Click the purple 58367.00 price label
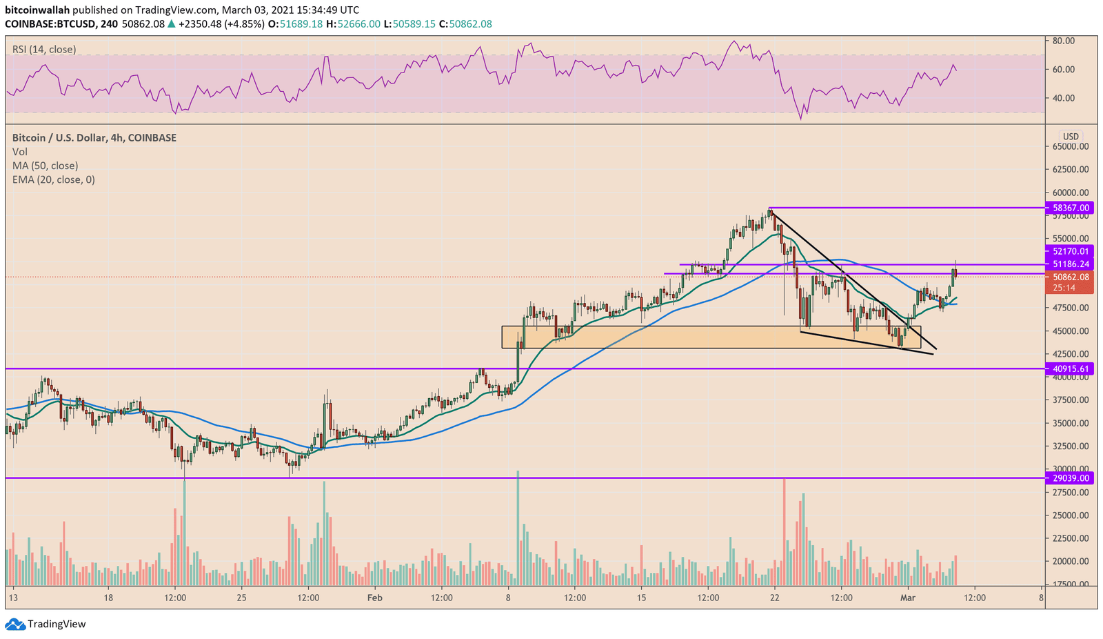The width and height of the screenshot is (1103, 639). (1071, 208)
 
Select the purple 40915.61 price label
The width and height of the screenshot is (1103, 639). (1071, 369)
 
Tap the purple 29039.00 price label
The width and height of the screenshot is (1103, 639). (1071, 478)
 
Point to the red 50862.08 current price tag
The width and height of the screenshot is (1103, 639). (1071, 277)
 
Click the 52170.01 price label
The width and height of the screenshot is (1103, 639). (1071, 252)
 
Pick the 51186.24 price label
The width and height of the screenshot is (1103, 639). (1071, 264)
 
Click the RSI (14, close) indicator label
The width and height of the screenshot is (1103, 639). (44, 50)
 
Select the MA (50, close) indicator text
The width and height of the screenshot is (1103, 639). (45, 166)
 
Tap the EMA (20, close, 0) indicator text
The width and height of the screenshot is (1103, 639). (53, 179)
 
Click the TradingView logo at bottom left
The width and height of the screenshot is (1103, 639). (46, 624)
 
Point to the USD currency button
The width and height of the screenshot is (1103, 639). (1071, 137)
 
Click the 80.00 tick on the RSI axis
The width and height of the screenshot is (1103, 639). (1064, 41)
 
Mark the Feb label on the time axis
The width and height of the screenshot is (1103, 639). (374, 598)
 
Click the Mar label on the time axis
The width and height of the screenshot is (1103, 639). (908, 598)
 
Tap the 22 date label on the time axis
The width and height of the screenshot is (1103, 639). (774, 598)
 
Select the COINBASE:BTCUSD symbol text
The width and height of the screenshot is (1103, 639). (48, 24)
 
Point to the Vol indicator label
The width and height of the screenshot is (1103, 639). (19, 152)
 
